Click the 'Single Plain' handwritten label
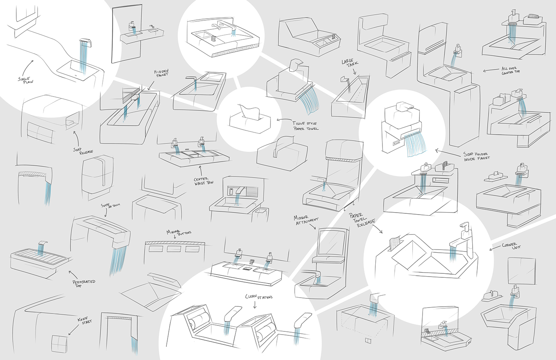point(25,80)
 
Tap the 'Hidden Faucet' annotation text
point(162,73)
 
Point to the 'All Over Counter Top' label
point(510,70)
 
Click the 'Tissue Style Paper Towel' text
point(305,126)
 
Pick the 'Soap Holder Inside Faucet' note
point(476,156)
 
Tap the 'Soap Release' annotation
point(83,151)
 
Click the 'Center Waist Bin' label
point(203,181)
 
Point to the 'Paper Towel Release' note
point(361,220)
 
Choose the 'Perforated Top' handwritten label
point(83,283)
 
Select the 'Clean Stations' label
point(259,296)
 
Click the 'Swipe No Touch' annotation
point(110,205)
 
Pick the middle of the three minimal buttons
point(174,249)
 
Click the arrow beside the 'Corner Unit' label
point(494,249)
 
